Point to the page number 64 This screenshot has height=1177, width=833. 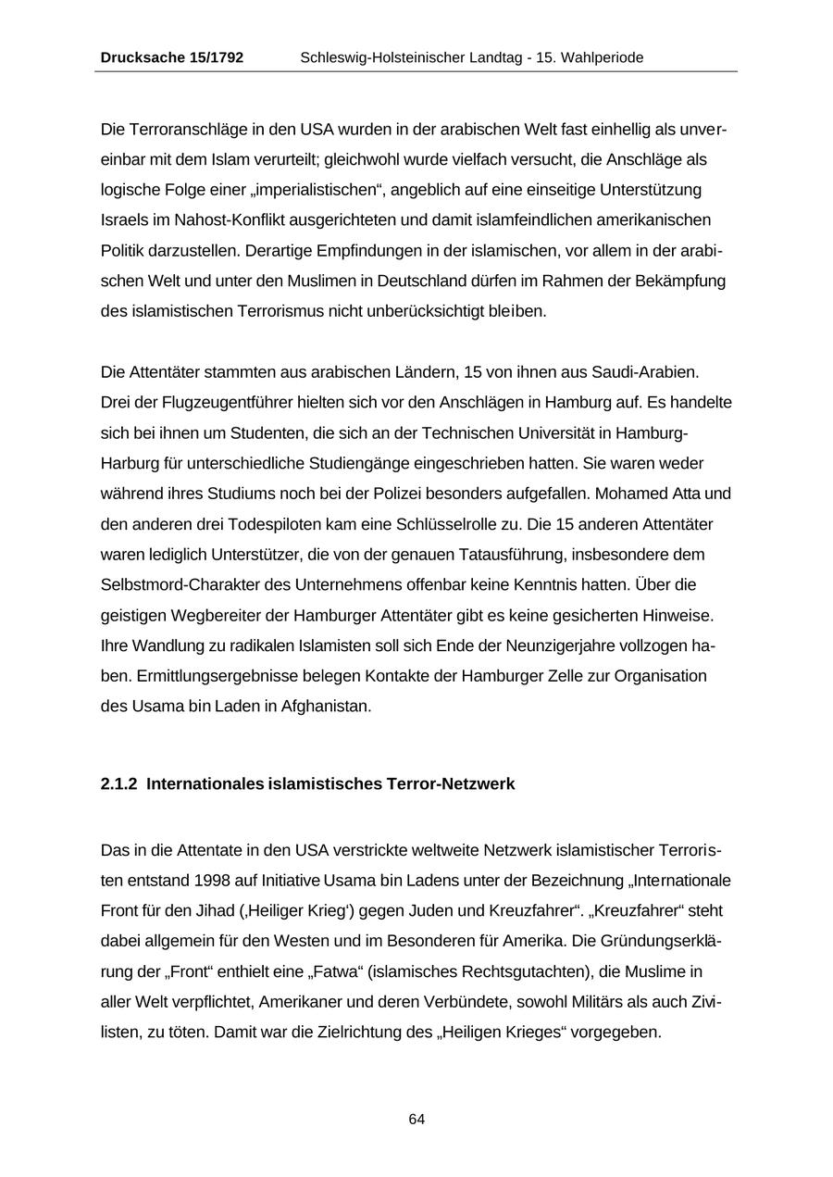(x=416, y=1120)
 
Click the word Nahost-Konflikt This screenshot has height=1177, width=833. (x=198, y=220)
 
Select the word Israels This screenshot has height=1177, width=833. (x=122, y=220)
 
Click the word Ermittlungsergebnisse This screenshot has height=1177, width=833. (x=187, y=676)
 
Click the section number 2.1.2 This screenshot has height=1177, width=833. (x=118, y=784)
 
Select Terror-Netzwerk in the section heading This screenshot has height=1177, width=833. (x=454, y=784)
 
